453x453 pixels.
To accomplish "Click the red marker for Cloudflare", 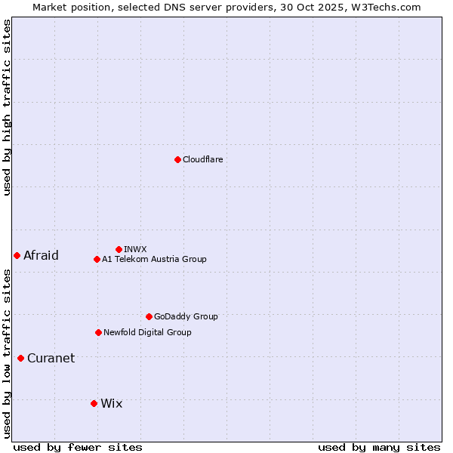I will point(177,159).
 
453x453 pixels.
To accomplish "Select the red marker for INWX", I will point(119,249).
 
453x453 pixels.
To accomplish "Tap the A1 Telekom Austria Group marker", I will point(97,259).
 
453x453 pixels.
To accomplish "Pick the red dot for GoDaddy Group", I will point(149,316).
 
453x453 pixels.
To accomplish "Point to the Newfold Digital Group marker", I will point(98,332).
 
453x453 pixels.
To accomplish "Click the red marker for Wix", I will point(94,403).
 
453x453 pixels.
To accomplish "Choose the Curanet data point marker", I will point(20,358).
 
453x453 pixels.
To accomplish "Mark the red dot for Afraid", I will point(17,255).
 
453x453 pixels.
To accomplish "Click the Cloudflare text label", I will point(202,159).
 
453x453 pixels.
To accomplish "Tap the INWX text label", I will point(135,249).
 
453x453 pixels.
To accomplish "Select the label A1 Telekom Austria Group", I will point(154,259).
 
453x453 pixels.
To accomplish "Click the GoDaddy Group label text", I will point(186,316).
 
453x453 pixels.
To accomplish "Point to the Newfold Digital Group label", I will point(147,332).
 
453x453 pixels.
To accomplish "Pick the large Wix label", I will point(111,403).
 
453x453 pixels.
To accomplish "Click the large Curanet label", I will point(51,358).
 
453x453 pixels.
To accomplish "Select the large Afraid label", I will point(41,255).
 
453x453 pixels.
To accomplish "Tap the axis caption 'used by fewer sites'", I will point(78,447).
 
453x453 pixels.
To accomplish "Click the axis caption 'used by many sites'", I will point(379,447).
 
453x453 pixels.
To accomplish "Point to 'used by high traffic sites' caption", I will point(7,107).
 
